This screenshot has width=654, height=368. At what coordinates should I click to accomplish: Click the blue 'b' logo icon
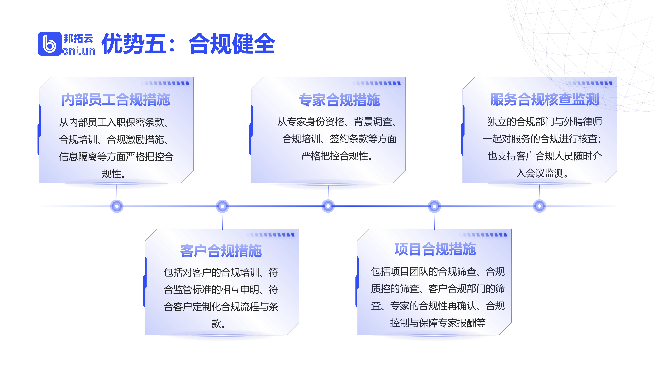coord(50,44)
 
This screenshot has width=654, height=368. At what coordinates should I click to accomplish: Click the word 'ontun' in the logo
coord(78,51)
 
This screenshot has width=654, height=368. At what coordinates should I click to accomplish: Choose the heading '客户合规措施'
coord(221,251)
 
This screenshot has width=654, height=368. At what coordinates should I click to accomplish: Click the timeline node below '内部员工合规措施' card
coord(117,206)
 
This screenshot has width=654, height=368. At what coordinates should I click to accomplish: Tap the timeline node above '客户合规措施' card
coord(222,206)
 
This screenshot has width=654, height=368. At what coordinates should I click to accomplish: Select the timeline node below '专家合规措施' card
coord(328,206)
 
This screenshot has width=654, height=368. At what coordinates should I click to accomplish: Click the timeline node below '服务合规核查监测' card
coord(540,206)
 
